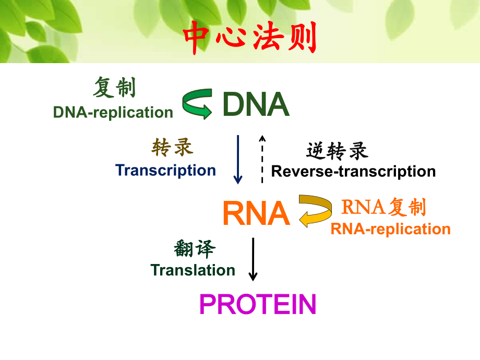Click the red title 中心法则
click(x=250, y=38)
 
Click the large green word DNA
click(x=255, y=105)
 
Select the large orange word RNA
click(x=256, y=213)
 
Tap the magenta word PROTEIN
click(x=258, y=305)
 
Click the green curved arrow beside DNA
click(x=197, y=103)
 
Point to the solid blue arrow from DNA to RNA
click(x=238, y=159)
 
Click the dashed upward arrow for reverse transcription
click(x=262, y=159)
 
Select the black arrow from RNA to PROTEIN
click(x=253, y=259)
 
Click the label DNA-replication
click(x=113, y=112)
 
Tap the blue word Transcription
click(x=165, y=170)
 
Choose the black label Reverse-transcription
click(x=353, y=171)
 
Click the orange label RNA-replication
click(x=390, y=229)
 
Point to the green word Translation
click(x=193, y=270)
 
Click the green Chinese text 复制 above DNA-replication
click(x=114, y=88)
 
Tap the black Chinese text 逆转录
click(x=337, y=151)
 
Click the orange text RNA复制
click(x=383, y=208)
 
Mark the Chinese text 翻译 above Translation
click(x=194, y=249)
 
